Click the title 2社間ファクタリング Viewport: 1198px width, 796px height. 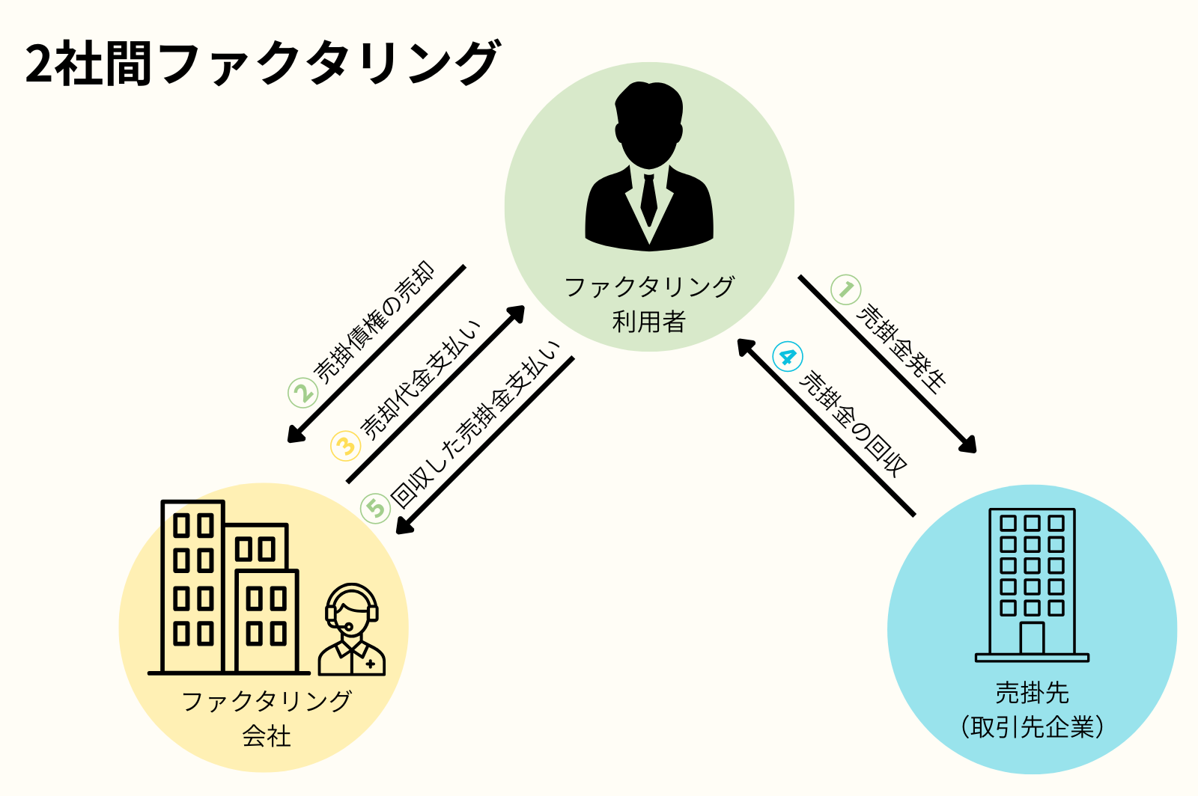[262, 63]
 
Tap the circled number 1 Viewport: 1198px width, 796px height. [846, 290]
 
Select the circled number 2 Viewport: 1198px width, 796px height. [303, 393]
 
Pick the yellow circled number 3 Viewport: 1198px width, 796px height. [345, 447]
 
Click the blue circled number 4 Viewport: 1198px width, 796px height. [787, 356]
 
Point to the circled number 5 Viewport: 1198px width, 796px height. [375, 509]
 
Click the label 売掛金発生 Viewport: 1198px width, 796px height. [901, 347]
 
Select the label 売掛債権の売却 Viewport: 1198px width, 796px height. [374, 322]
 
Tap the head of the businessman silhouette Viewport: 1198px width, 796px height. [648, 123]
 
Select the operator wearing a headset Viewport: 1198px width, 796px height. [351, 630]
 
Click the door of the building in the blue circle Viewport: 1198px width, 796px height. [1032, 637]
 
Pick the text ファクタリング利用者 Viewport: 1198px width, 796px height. [649, 304]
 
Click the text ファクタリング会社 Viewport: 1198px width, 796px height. [267, 718]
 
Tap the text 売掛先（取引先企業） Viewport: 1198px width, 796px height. [1032, 709]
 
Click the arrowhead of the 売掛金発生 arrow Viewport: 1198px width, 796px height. [969, 446]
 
